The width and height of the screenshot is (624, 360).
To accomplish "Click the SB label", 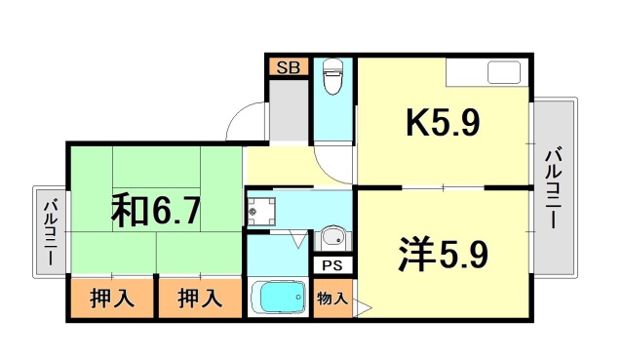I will (x=288, y=67).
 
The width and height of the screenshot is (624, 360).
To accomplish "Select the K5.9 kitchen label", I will (x=442, y=126).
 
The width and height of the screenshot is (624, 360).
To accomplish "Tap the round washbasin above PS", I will (x=332, y=237).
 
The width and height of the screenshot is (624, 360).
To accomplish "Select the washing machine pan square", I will (x=260, y=209).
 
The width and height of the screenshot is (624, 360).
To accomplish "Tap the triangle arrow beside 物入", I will (x=363, y=309).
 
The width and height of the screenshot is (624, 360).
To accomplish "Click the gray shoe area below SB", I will (x=288, y=112).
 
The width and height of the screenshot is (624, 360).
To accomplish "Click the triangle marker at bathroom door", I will (x=297, y=239).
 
